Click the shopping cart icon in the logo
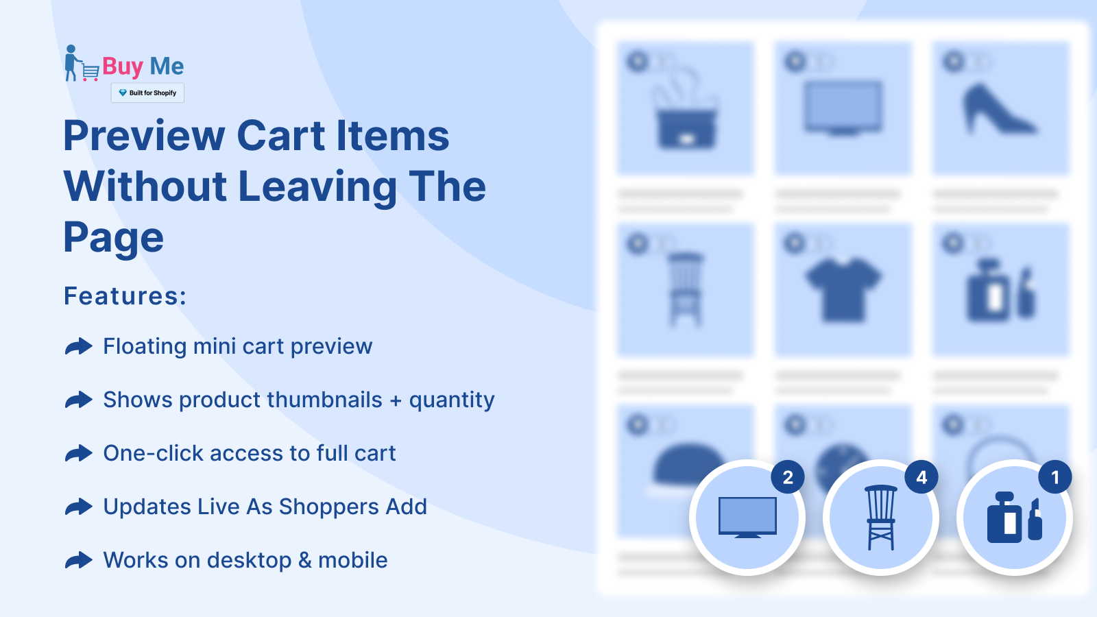[x=91, y=73]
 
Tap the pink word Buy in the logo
[x=123, y=66]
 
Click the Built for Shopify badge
[x=147, y=93]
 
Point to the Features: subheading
[x=125, y=295]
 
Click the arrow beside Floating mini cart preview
[x=79, y=346]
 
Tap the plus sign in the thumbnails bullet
[x=396, y=401]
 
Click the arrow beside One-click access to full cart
[x=79, y=453]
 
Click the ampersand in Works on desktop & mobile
[x=305, y=560]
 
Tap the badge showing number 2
[x=788, y=477]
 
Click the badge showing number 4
[x=921, y=477]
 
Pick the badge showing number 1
[x=1055, y=477]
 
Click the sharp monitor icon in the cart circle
[x=747, y=517]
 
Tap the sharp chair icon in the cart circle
[x=881, y=517]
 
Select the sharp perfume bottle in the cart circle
[x=1014, y=518]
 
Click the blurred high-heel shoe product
[x=1000, y=109]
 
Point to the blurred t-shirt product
[x=843, y=289]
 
